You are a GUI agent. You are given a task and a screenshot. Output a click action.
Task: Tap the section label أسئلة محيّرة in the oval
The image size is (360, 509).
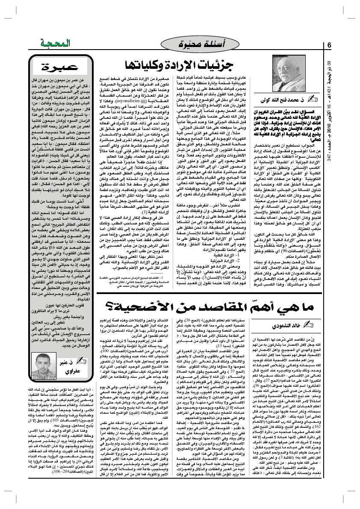click(197, 43)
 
